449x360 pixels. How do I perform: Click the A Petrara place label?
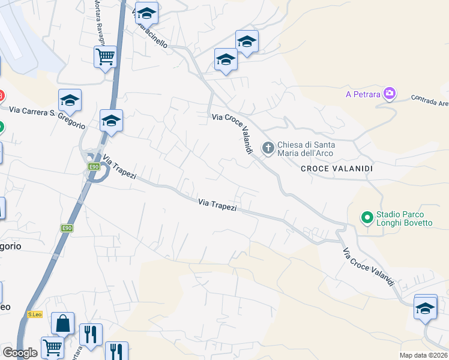click(363, 94)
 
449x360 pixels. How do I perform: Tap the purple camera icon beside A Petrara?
click(390, 93)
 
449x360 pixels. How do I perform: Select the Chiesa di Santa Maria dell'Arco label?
click(306, 148)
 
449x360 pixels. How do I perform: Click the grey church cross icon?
click(268, 147)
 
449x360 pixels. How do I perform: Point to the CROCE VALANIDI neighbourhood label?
click(337, 169)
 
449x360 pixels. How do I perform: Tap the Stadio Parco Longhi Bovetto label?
click(404, 219)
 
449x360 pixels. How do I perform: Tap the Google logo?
click(20, 353)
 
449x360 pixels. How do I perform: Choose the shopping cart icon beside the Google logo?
click(52, 347)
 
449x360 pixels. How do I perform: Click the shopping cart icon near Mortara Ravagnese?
click(105, 56)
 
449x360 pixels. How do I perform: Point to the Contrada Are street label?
click(430, 100)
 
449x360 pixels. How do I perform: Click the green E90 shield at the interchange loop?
click(94, 167)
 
